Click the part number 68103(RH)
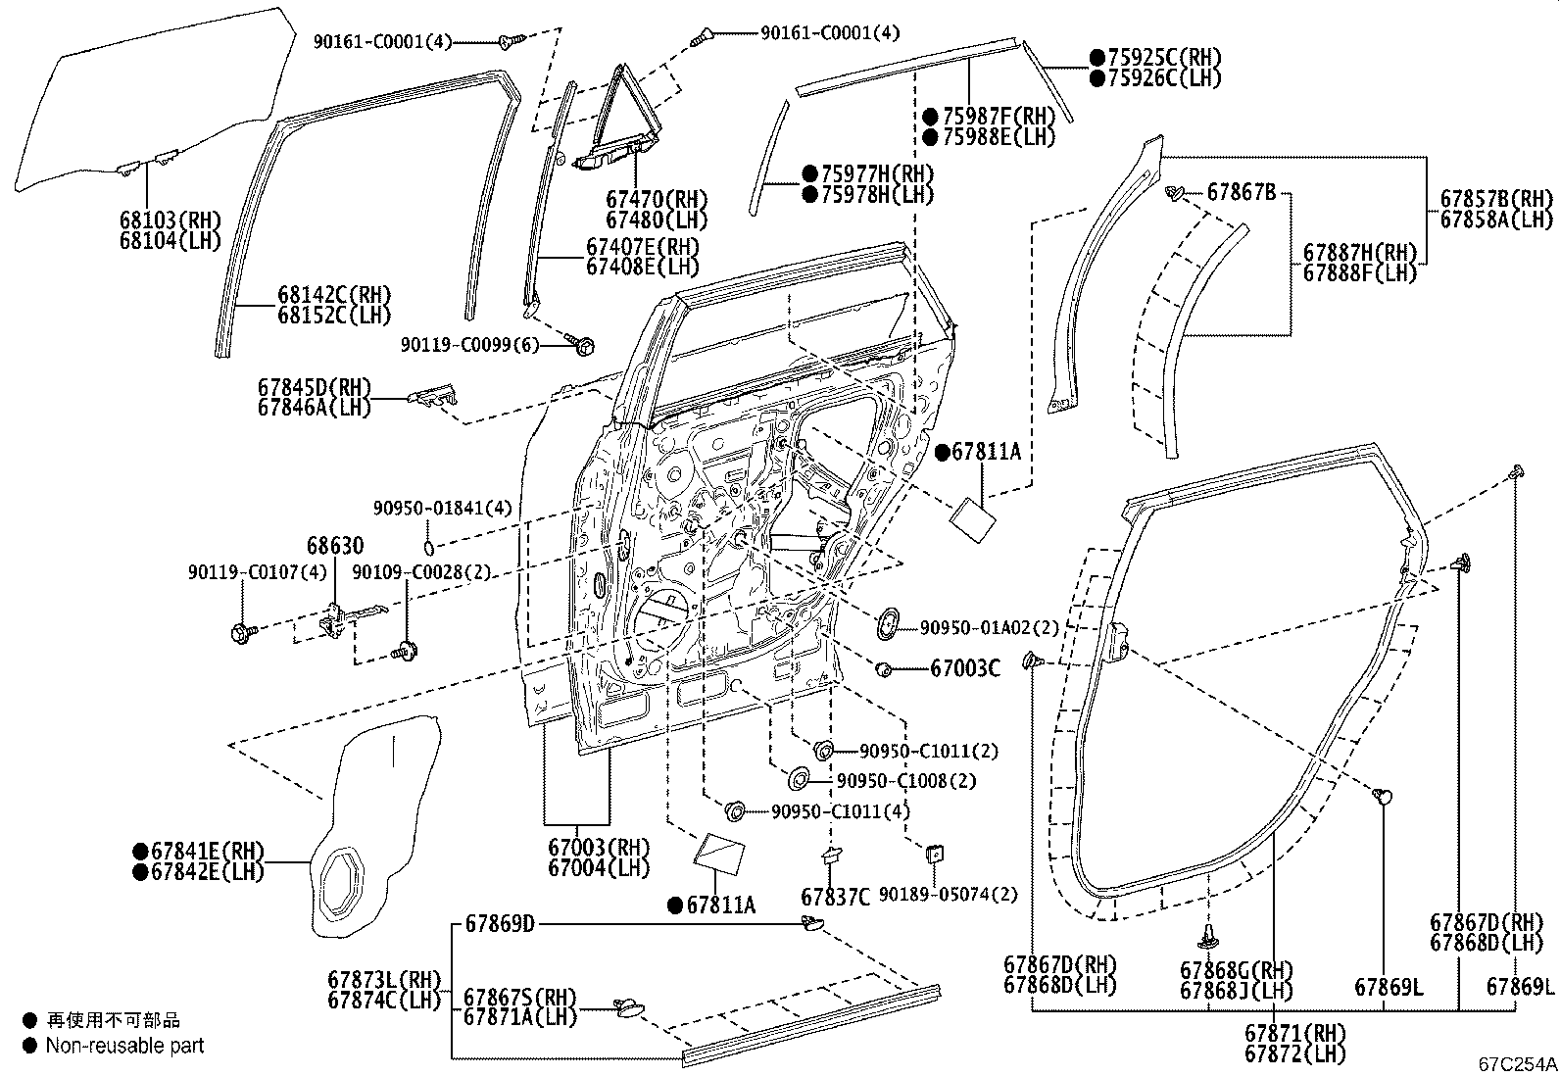pyautogui.click(x=170, y=220)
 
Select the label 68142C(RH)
pyautogui.click(x=334, y=295)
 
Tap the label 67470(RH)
pyautogui.click(x=656, y=200)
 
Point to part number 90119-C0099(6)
pyautogui.click(x=469, y=345)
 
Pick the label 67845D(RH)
pyautogui.click(x=315, y=387)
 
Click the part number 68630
pyautogui.click(x=335, y=546)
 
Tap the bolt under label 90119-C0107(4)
pyautogui.click(x=243, y=632)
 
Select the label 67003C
pyautogui.click(x=965, y=668)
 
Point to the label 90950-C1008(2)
pyautogui.click(x=906, y=781)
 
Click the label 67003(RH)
pyautogui.click(x=599, y=848)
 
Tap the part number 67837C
pyautogui.click(x=835, y=898)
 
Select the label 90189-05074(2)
pyautogui.click(x=948, y=895)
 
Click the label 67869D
pyautogui.click(x=500, y=924)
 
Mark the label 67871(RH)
pyautogui.click(x=1295, y=1033)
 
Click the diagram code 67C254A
pyautogui.click(x=1518, y=1064)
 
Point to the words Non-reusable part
pyautogui.click(x=124, y=1046)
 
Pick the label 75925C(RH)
pyautogui.click(x=1164, y=57)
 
